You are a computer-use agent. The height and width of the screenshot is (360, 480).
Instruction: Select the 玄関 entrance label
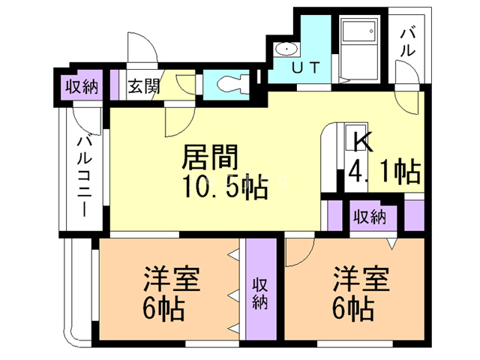pyautogui.click(x=143, y=85)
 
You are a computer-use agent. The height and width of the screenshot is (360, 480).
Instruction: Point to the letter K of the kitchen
pyautogui.click(x=362, y=142)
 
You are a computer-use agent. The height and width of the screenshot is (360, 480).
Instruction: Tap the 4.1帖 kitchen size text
pyautogui.click(x=383, y=172)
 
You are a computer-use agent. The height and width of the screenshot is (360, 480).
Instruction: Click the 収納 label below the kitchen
pyautogui.click(x=369, y=217)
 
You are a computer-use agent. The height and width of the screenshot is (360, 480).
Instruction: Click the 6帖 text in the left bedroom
pyautogui.click(x=161, y=308)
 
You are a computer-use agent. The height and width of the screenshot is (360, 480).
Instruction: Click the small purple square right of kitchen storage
pyautogui.click(x=414, y=217)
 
